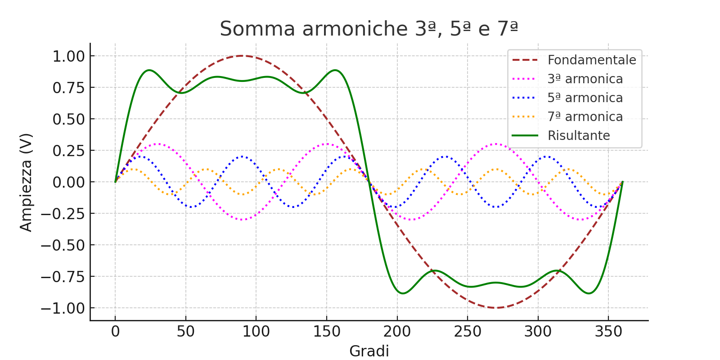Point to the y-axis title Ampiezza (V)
click(x=26, y=182)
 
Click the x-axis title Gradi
click(x=369, y=351)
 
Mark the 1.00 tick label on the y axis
click(x=68, y=56)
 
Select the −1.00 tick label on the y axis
click(x=63, y=308)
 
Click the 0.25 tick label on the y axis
click(x=68, y=151)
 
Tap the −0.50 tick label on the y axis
click(x=63, y=245)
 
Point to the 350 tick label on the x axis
click(x=608, y=332)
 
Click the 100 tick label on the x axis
click(x=256, y=332)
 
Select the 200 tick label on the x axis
click(x=397, y=332)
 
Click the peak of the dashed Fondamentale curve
click(x=242, y=56)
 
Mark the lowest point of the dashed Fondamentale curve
click(x=495, y=308)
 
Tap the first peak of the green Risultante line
click(x=149, y=70)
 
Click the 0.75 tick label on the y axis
click(x=68, y=88)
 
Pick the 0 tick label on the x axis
click(x=115, y=332)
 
